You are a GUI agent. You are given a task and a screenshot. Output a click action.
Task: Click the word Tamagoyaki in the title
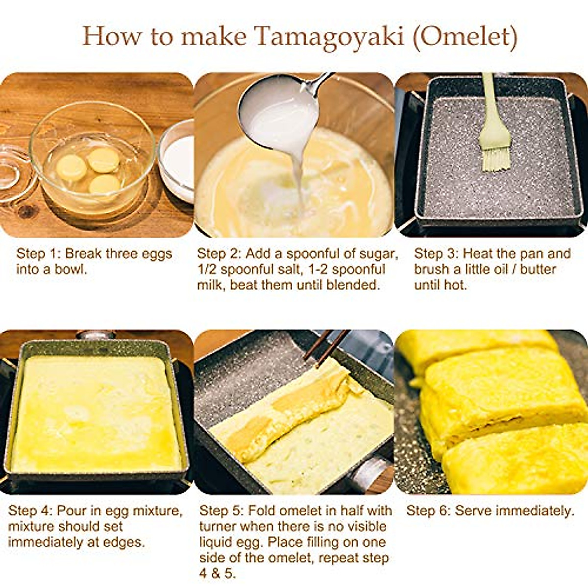[329, 37]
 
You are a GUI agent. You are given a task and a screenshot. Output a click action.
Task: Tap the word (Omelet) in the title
[465, 37]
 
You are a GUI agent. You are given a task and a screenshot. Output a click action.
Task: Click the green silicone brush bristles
[496, 157]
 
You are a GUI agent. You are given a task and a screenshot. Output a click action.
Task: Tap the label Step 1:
[38, 254]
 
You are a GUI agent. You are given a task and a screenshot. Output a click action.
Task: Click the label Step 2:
[219, 254]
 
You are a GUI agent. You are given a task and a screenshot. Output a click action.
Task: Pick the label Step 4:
[30, 511]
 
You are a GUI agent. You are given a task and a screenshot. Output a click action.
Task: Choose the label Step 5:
[221, 511]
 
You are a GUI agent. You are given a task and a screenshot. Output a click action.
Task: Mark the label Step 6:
[428, 511]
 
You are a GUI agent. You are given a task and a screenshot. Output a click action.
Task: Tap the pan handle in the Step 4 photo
[96, 335]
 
